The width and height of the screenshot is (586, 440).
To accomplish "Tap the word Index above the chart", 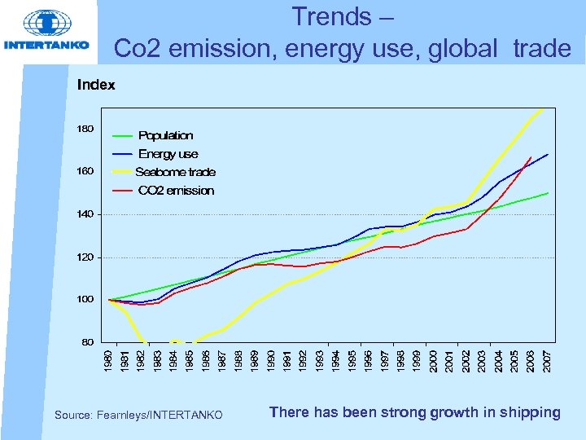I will (x=95, y=85).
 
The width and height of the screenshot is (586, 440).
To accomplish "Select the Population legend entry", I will (x=165, y=135).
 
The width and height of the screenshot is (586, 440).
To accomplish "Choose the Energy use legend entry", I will (x=168, y=154).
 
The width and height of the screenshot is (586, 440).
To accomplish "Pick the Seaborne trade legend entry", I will (x=175, y=172).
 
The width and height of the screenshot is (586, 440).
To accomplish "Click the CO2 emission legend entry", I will (x=176, y=191).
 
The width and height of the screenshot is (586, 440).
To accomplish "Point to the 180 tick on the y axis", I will (x=85, y=129).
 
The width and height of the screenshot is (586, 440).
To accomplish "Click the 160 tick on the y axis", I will (x=85, y=172).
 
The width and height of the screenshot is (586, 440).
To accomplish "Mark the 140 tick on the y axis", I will (x=85, y=214).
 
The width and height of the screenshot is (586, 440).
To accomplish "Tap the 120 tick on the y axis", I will (x=85, y=257).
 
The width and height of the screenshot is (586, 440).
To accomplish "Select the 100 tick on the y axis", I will (x=85, y=300).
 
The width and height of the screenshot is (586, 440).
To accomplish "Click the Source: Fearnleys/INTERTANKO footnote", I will (x=138, y=416).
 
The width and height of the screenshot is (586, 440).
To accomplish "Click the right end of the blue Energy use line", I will (x=547, y=155).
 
